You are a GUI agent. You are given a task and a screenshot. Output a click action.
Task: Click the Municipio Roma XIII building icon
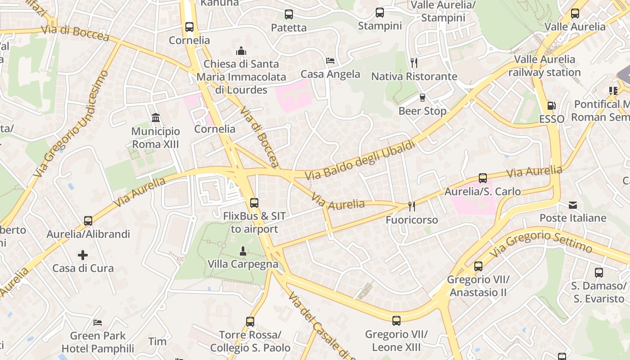pyautogui.click(x=156, y=118)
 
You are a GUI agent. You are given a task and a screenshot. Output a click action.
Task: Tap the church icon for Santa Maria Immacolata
pyautogui.click(x=241, y=50)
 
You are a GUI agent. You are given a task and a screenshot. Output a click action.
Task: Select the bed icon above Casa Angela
pyautogui.click(x=330, y=61)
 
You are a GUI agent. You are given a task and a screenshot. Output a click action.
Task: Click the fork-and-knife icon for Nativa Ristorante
pyautogui.click(x=414, y=63)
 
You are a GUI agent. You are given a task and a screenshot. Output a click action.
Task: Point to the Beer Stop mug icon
pyautogui.click(x=422, y=97)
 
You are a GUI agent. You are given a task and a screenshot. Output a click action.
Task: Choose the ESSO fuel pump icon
pyautogui.click(x=551, y=106)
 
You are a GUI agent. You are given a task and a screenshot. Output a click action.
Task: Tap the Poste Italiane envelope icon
pyautogui.click(x=573, y=205)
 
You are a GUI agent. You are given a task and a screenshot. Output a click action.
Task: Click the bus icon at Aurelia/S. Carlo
pyautogui.click(x=483, y=178)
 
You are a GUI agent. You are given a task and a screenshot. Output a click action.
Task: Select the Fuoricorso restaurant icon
pyautogui.click(x=411, y=207)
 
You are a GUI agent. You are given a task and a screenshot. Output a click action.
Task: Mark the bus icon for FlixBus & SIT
pyautogui.click(x=254, y=203)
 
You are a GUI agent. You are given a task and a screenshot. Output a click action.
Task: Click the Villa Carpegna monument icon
pyautogui.click(x=243, y=251)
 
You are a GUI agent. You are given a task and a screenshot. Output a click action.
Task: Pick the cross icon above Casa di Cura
pyautogui.click(x=83, y=255)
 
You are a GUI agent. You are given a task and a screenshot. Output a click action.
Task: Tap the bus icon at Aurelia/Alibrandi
pyautogui.click(x=88, y=221)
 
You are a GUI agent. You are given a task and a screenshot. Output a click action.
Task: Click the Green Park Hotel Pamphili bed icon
pyautogui.click(x=98, y=322)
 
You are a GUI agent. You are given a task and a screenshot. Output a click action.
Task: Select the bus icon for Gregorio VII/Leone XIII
pyautogui.click(x=396, y=321)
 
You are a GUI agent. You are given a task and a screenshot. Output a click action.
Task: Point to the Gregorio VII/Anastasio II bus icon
pyautogui.click(x=478, y=266)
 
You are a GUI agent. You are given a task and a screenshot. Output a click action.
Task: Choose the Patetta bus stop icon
pyautogui.click(x=289, y=14)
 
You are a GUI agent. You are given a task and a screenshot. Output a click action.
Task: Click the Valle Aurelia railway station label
pyautogui.click(x=544, y=66)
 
